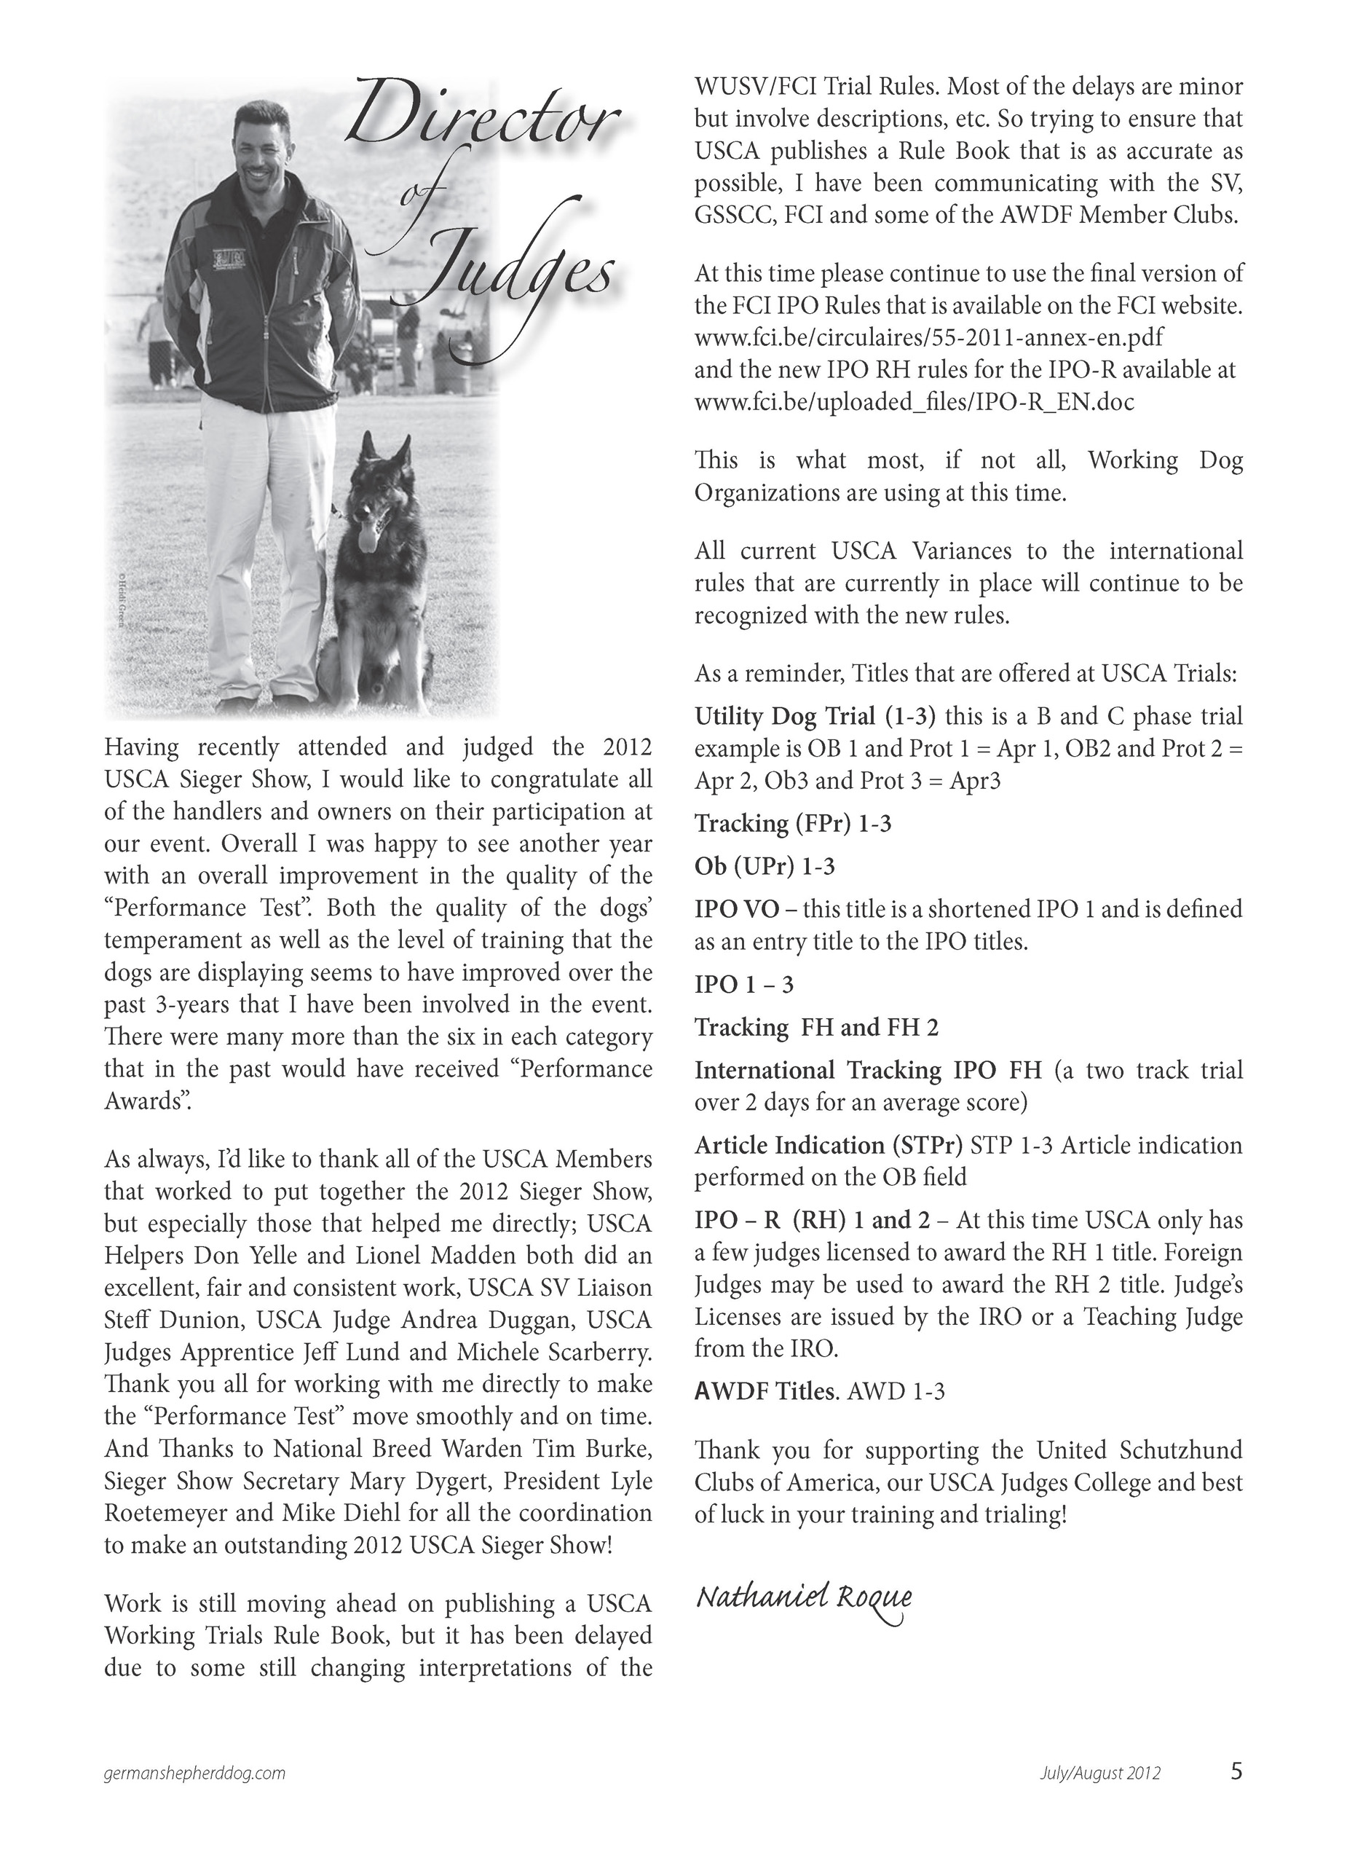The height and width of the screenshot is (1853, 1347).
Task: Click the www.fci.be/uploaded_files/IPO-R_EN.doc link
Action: (913, 402)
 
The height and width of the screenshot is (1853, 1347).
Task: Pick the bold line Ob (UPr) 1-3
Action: (765, 866)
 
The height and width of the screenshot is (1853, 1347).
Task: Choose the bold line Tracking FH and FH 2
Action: (816, 1027)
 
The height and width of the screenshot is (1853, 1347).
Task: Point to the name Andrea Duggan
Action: (514, 1321)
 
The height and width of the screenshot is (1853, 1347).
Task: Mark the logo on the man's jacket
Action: (229, 258)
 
